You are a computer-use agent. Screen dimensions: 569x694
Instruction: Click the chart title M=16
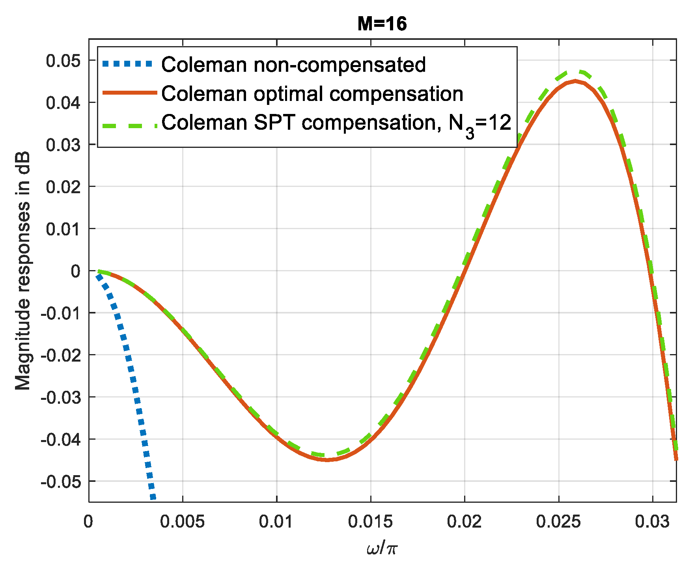coord(382,24)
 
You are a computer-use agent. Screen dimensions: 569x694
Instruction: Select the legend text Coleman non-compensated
coord(293,65)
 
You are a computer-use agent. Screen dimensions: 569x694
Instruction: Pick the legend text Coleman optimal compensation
coord(312,94)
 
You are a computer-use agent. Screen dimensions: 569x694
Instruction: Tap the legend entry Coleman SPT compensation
coord(336,123)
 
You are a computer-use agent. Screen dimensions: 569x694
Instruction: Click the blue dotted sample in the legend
coord(127,63)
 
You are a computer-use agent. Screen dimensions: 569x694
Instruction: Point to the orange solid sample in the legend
coord(127,93)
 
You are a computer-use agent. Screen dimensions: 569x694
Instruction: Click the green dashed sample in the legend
coord(127,125)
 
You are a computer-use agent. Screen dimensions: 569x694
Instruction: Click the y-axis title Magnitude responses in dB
coord(23,271)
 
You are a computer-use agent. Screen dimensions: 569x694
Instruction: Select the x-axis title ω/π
coord(382,548)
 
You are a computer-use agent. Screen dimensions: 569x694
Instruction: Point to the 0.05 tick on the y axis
coord(63,61)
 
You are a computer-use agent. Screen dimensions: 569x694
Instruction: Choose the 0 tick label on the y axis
coord(75,271)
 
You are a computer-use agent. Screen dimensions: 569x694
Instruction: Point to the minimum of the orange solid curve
coord(327,460)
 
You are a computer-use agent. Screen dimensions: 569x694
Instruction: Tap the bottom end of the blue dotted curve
coord(153,498)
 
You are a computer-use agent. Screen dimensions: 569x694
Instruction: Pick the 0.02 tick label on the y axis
coord(63,187)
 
